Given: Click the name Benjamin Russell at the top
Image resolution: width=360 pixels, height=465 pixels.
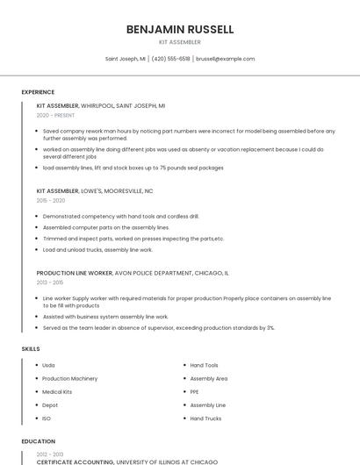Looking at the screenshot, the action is (180, 29).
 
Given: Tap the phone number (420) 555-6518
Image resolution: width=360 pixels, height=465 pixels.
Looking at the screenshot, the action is (170, 59).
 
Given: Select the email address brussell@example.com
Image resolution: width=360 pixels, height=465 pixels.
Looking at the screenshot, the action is (225, 59).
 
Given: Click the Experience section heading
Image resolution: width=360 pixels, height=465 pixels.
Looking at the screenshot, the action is (38, 92).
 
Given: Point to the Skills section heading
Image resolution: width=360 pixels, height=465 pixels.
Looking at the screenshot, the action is (31, 349).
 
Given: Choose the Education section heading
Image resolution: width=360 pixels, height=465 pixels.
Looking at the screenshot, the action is (38, 441).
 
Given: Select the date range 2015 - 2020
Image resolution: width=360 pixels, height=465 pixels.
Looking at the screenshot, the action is (51, 200).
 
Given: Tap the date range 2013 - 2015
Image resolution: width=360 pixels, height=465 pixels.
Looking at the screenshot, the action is (50, 283).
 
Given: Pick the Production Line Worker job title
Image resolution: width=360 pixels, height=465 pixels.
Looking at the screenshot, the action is (75, 273).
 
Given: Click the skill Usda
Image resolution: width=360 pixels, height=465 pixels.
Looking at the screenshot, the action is (48, 365).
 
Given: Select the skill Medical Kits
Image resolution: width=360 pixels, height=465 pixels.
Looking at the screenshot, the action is (57, 391).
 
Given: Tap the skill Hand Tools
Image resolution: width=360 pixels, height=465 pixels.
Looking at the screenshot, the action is (204, 365).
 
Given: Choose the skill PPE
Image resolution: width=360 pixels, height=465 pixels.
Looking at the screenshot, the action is (195, 391).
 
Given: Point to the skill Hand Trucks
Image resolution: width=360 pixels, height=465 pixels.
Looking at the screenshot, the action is (205, 418).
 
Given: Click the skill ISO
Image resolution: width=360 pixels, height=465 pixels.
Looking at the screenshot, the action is (47, 418).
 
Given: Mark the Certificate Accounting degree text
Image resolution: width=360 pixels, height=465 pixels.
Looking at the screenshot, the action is (75, 461).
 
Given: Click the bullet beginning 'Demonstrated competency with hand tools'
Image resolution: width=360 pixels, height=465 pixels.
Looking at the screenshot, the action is (120, 216).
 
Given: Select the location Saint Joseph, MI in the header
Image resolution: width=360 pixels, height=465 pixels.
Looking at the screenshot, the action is (126, 59).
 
